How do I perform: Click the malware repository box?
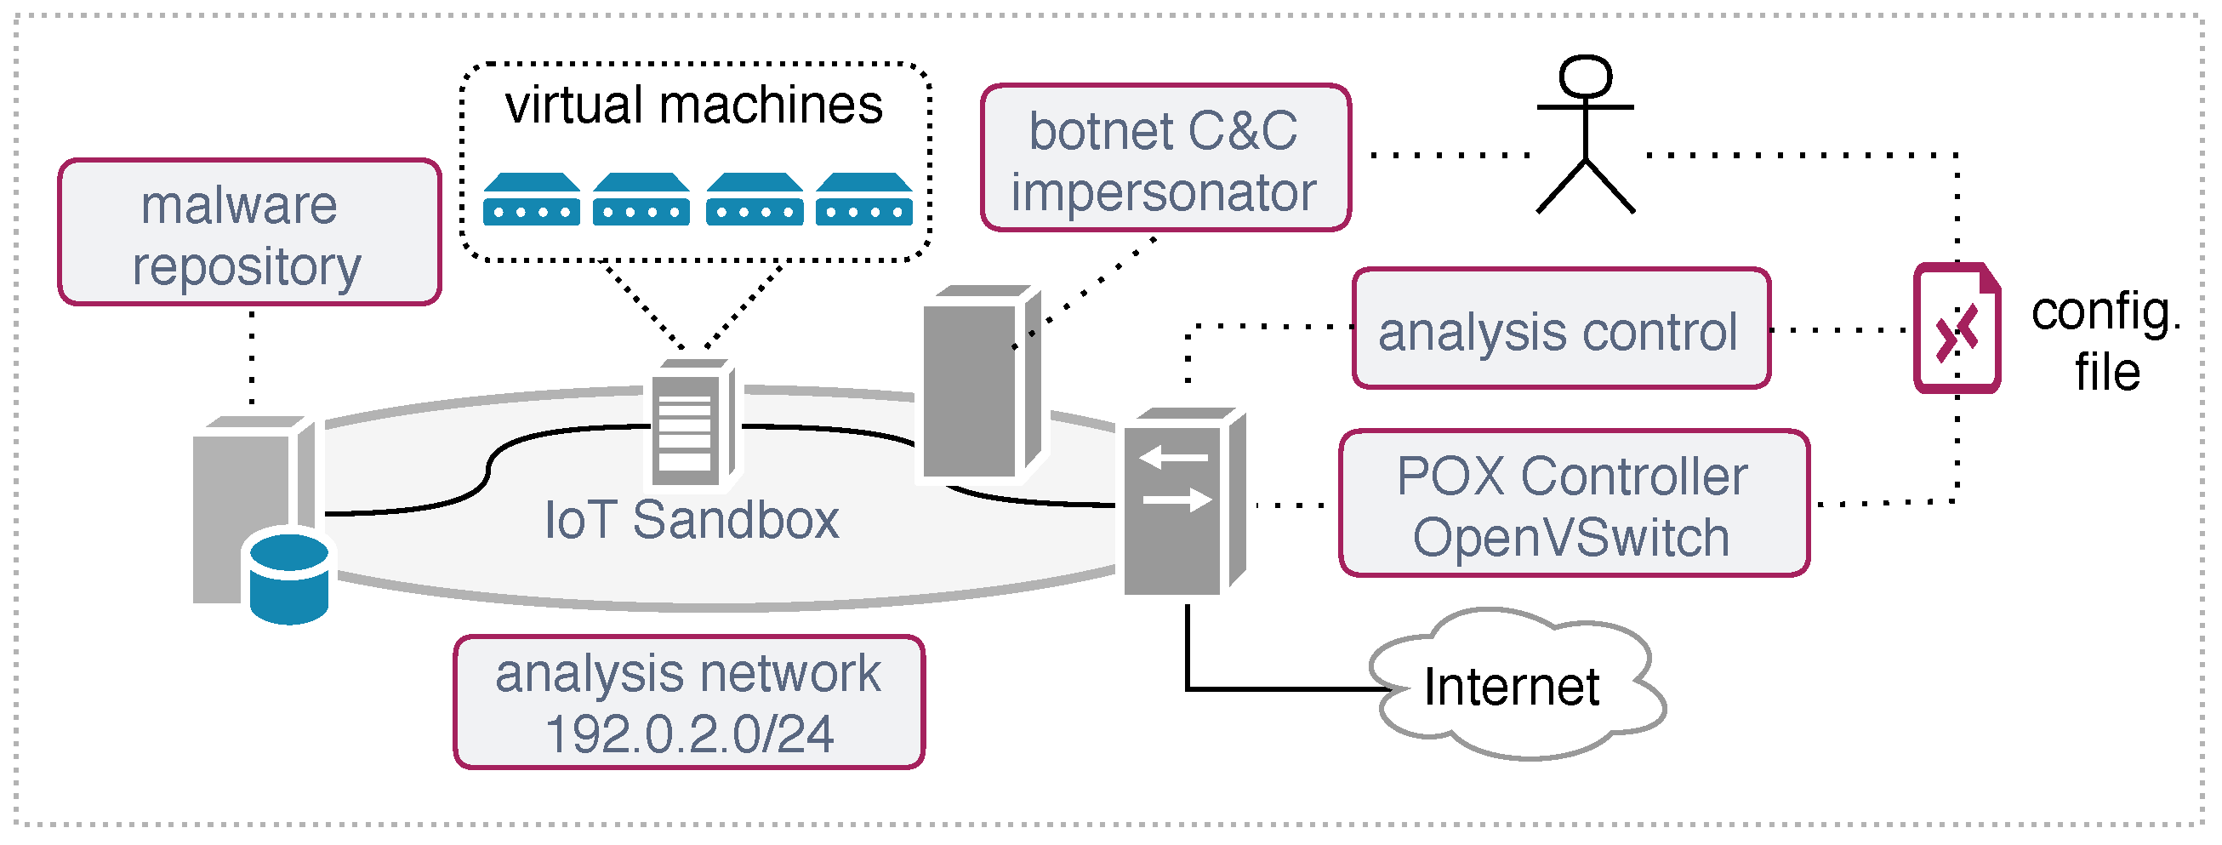click(249, 232)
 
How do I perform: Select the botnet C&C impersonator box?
click(1165, 158)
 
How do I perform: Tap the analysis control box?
click(1561, 328)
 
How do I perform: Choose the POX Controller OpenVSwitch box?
click(1573, 503)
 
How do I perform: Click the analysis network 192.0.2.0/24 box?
click(689, 702)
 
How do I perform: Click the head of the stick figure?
click(1586, 77)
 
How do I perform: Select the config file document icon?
click(1957, 328)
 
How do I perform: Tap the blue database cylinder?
click(289, 579)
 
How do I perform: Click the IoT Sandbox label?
click(691, 520)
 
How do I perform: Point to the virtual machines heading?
click(693, 106)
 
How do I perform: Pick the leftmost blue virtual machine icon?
click(532, 199)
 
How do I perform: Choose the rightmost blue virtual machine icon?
click(863, 199)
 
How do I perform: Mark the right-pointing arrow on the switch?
click(1178, 499)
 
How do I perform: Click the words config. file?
click(2105, 342)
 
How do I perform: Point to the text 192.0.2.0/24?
click(689, 734)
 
